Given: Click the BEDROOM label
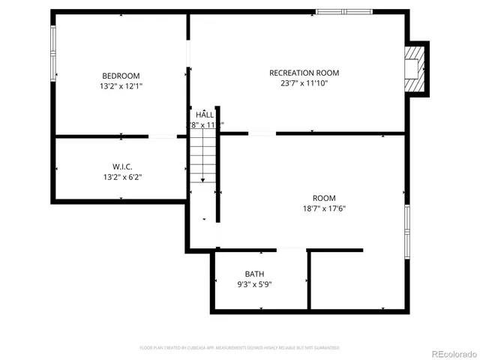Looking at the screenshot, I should (121, 76).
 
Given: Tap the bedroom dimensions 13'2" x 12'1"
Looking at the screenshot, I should (121, 86).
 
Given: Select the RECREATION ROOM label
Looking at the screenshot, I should (304, 73).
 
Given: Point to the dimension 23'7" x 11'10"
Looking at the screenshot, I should (304, 83).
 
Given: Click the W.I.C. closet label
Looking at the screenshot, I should (123, 166).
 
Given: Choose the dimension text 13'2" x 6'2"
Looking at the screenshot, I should (123, 177).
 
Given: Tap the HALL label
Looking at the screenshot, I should (205, 115).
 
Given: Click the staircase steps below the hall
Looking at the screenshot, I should (202, 154).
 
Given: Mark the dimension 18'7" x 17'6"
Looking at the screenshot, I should (325, 208).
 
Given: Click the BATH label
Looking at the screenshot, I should (254, 274).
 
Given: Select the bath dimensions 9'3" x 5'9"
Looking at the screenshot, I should (254, 284).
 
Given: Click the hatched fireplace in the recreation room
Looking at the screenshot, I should (413, 68).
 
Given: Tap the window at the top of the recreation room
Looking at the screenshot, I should (343, 12).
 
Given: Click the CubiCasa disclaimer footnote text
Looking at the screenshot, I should (240, 348).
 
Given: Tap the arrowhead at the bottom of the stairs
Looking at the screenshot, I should (202, 180).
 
